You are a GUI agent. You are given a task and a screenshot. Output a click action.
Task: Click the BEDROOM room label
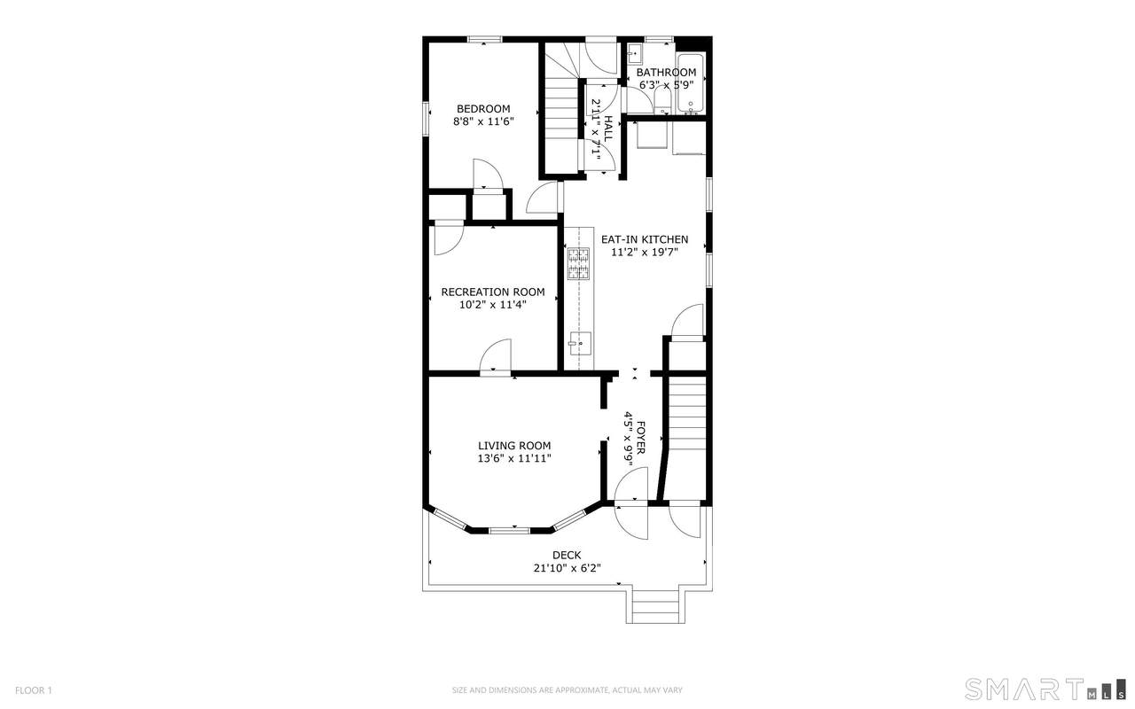click(x=483, y=109)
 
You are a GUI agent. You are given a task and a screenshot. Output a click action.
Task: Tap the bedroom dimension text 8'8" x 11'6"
click(x=483, y=121)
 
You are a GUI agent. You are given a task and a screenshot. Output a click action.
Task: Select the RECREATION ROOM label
click(x=493, y=292)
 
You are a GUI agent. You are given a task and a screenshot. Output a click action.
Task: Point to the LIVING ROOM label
click(x=514, y=446)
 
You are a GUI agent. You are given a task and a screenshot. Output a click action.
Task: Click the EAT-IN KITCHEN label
click(x=645, y=239)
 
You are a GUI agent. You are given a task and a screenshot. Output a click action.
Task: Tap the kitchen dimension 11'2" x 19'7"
click(x=645, y=253)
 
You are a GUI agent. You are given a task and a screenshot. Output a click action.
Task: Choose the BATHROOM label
click(x=666, y=73)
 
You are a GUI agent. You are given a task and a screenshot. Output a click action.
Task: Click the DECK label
click(x=567, y=555)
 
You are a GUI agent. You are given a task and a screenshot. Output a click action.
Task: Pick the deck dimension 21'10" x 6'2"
click(x=567, y=568)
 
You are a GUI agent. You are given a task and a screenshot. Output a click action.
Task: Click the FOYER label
click(x=640, y=438)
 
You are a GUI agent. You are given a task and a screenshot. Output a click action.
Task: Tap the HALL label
click(x=608, y=129)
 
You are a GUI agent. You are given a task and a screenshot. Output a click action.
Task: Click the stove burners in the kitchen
click(x=578, y=263)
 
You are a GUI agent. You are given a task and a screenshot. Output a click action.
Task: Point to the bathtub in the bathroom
click(x=691, y=83)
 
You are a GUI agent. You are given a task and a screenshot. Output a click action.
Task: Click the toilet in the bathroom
click(x=661, y=102)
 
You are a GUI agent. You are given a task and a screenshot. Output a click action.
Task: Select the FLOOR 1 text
click(x=34, y=690)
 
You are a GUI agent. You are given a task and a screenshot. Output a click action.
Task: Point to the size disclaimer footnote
click(x=567, y=690)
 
